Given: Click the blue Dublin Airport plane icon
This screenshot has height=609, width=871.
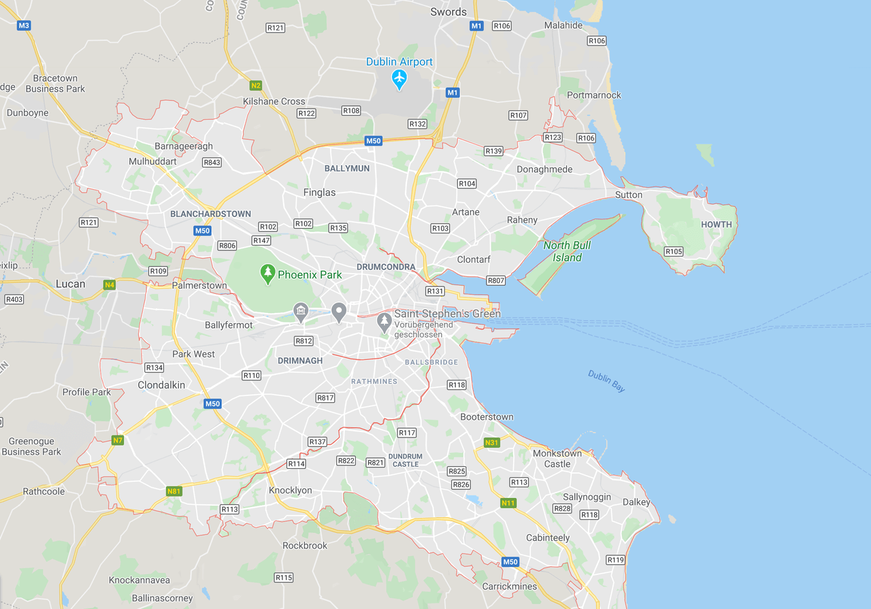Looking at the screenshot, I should (399, 80).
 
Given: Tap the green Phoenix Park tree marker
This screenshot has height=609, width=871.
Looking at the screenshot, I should (268, 274).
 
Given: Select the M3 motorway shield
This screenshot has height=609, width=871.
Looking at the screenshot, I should (24, 25).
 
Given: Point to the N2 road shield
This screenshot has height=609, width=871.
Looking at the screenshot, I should (255, 85).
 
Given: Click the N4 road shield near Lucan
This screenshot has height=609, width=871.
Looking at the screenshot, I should (109, 284).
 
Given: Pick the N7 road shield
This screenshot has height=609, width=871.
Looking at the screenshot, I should (118, 440).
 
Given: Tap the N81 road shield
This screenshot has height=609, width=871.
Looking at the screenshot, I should (174, 491).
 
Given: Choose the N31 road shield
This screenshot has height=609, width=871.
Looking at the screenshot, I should (491, 442).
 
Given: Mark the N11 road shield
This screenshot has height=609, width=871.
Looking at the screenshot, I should (508, 503).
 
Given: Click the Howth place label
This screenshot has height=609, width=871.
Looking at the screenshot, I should (717, 225).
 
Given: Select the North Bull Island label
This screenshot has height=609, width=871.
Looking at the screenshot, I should (567, 251).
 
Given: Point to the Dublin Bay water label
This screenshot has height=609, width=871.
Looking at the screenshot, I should (606, 381).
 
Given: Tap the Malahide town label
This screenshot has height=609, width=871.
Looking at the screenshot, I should (563, 25).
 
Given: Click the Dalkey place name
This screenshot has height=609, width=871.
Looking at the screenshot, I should (636, 502).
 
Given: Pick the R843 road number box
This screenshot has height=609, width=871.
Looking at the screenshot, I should (212, 163).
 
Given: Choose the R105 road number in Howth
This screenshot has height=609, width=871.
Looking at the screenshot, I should (674, 251).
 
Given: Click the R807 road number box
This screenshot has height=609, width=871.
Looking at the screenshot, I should (496, 280).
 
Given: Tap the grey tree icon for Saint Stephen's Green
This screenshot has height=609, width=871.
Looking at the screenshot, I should (384, 320).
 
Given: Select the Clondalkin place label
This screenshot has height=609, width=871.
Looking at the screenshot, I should (161, 384).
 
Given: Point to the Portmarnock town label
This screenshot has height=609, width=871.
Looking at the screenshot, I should (593, 95).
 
